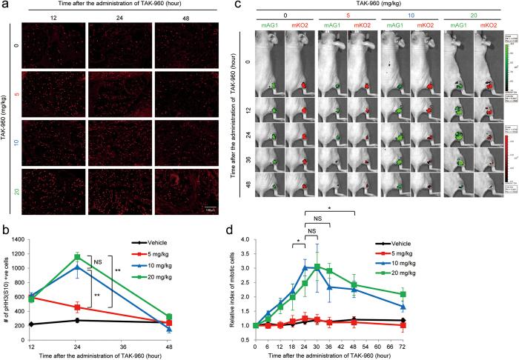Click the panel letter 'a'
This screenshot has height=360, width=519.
(6, 5)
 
